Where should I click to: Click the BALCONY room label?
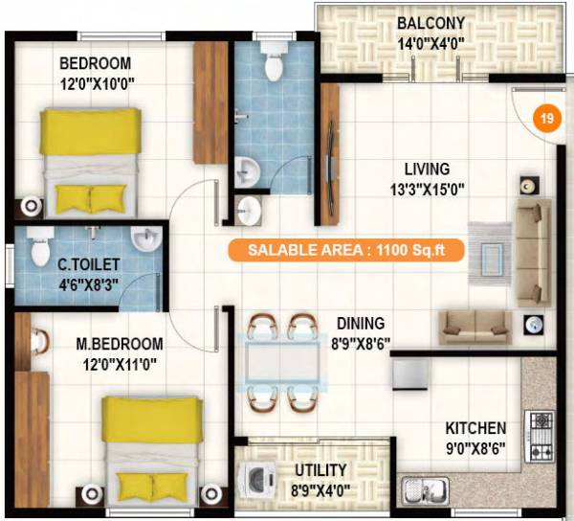432,23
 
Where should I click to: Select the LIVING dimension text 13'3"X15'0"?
429,189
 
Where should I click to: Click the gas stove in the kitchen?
541,436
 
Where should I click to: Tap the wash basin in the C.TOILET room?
146,238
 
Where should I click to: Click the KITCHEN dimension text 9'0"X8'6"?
475,446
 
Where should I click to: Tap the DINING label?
360,324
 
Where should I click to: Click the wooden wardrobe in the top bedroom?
210,102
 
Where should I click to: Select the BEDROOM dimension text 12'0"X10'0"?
96,83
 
